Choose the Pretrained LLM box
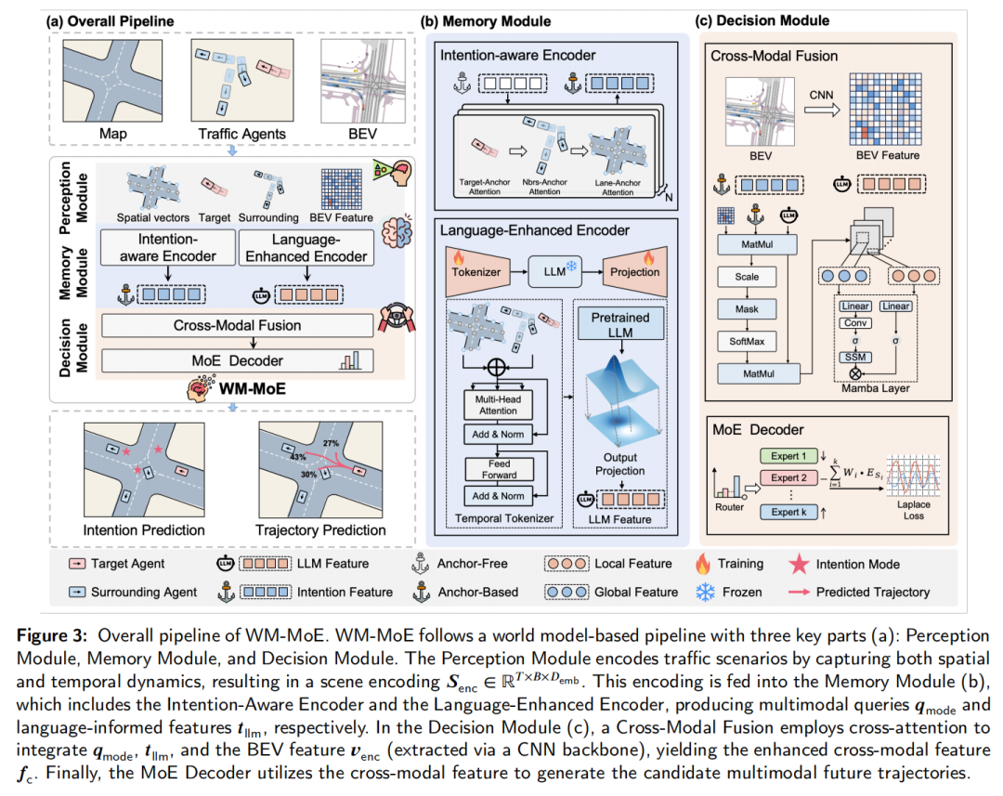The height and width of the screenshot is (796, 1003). tap(621, 325)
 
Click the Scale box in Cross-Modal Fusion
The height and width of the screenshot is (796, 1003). tap(746, 277)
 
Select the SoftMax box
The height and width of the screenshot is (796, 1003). tap(746, 342)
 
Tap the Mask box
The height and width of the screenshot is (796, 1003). tap(746, 309)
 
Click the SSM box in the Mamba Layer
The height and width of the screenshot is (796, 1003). tap(854, 357)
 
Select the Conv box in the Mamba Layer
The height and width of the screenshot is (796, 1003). tap(854, 323)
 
